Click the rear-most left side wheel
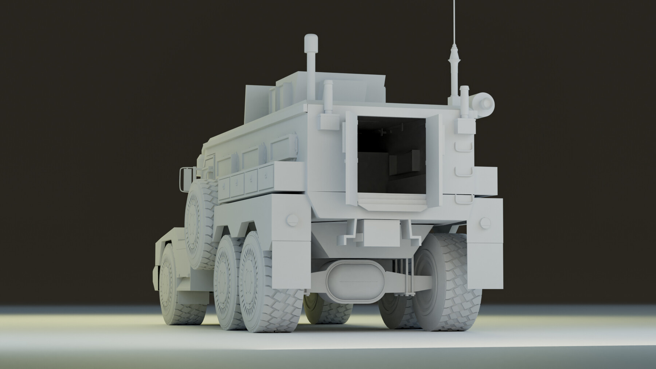tap(262, 284)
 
